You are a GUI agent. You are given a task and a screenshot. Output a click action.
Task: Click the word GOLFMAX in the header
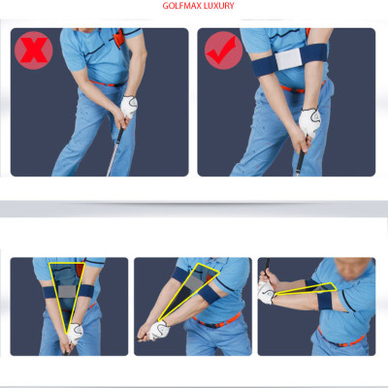tap(181, 6)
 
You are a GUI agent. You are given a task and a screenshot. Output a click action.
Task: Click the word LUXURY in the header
tap(219, 6)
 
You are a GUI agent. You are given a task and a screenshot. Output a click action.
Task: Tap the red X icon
tap(34, 50)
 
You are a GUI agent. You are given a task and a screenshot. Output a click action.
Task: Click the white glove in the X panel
tap(129, 107)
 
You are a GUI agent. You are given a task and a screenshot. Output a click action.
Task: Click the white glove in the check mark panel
tap(309, 123)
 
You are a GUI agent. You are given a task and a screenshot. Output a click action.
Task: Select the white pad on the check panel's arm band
tap(288, 60)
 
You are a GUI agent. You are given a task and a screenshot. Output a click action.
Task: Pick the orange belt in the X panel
tap(108, 83)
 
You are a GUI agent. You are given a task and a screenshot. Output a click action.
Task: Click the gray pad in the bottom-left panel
tap(67, 291)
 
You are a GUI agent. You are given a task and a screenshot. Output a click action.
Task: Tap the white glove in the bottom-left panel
tap(76, 333)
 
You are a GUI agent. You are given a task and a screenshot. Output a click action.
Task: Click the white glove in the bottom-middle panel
tap(159, 330)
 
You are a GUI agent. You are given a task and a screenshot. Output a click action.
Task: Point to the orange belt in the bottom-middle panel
tap(216, 321)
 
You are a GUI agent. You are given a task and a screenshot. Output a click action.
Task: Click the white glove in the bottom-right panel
tap(266, 293)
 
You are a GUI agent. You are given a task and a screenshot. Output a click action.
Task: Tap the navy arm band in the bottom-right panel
tap(324, 301)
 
